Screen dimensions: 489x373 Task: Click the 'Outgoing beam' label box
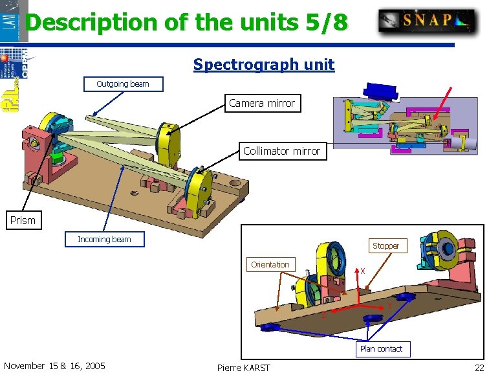pos(123,84)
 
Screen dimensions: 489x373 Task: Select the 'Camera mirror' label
pos(262,103)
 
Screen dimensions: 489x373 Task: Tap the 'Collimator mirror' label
pos(281,151)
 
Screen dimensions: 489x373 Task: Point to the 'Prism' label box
pos(23,220)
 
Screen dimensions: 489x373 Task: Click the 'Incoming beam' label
pos(104,240)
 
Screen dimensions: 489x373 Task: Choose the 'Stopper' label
pos(386,246)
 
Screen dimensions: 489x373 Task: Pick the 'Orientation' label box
pos(270,264)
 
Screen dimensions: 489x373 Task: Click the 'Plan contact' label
pos(381,349)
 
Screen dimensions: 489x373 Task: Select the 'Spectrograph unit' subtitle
pos(264,65)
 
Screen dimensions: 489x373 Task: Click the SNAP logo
pos(427,20)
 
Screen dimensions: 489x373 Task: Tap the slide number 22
pos(479,367)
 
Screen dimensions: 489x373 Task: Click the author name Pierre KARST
pos(244,368)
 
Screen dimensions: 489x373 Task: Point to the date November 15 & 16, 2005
pos(54,366)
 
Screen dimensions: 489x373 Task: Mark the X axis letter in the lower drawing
pos(363,271)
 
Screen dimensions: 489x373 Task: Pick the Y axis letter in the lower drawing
pos(389,306)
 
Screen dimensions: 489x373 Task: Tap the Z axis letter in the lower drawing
pos(324,316)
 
